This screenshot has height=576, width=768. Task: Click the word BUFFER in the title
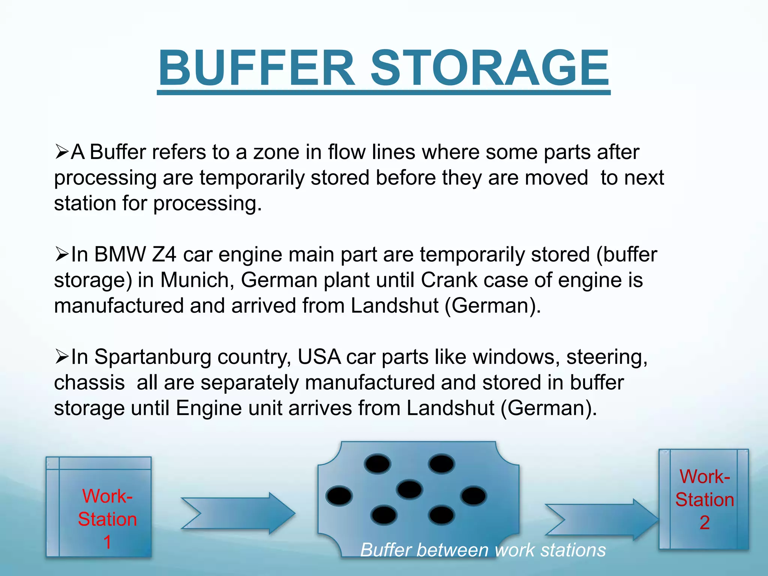[x=256, y=68]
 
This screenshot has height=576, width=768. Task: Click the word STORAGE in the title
[x=490, y=68]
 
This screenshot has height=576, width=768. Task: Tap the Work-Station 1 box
[x=99, y=506]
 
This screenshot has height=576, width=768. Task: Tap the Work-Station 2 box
[x=703, y=499]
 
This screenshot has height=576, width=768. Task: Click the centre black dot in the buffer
[x=409, y=489]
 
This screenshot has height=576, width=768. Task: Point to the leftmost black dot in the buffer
[x=339, y=496]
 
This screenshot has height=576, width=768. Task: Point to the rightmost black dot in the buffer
[x=474, y=496]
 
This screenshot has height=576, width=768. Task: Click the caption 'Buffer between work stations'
[x=483, y=550]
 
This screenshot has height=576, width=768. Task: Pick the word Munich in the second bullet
[x=197, y=280]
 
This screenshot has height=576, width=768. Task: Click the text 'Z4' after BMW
[x=164, y=255]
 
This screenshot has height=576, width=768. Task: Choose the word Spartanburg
[x=153, y=357]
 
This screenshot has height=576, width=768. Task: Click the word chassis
[x=89, y=383]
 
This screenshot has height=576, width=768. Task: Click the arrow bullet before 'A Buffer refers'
[x=61, y=152]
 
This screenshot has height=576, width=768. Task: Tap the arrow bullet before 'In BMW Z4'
[x=61, y=255]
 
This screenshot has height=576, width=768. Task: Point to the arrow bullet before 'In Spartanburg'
[x=61, y=357]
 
